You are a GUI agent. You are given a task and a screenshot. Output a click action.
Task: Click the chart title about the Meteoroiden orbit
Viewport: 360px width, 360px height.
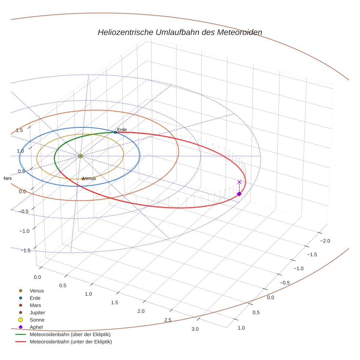[180, 32]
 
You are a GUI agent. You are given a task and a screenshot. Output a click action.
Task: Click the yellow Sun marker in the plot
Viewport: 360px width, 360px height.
[80, 156]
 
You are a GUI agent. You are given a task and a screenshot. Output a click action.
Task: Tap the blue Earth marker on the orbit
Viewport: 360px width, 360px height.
[115, 132]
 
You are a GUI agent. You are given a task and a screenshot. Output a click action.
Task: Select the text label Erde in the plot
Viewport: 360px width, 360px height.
[122, 130]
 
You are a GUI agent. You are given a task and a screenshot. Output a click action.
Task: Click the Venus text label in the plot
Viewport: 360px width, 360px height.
[90, 179]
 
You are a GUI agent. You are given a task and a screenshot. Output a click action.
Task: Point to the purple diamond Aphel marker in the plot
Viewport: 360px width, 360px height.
[239, 194]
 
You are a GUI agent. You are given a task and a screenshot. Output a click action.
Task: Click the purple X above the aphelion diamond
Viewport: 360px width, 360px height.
[239, 182]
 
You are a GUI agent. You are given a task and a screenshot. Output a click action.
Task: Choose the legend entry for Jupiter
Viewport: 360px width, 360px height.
[37, 312]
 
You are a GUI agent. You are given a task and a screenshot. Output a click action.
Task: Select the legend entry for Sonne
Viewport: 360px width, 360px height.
[37, 320]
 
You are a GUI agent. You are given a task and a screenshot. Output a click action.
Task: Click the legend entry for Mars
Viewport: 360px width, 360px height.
[35, 305]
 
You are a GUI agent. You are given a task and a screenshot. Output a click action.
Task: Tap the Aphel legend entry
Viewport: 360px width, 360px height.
[36, 327]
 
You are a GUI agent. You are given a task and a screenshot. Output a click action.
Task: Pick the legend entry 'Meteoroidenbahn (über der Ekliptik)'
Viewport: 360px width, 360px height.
[70, 334]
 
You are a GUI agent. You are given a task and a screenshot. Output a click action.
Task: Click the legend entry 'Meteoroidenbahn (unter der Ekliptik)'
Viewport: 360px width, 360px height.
[71, 342]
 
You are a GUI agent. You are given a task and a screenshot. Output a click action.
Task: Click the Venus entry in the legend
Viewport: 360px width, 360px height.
[37, 290]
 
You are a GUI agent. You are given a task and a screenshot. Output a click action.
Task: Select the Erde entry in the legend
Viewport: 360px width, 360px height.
[35, 298]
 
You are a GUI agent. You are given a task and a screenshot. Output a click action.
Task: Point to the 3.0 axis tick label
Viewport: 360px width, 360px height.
[195, 329]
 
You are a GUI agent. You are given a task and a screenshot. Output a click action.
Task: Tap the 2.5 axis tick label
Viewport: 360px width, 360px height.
[168, 320]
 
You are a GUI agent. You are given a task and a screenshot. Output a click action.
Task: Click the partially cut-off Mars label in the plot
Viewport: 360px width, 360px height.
[7, 179]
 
